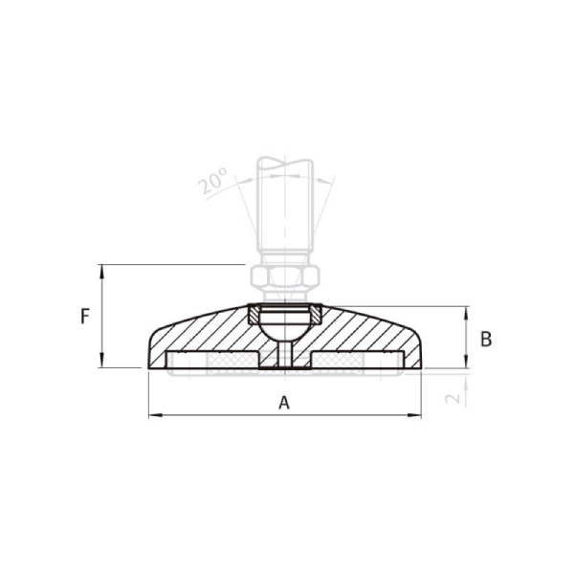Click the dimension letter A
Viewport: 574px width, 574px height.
coord(283,403)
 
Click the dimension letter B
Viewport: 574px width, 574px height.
coord(486,339)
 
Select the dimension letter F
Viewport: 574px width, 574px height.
coord(85,316)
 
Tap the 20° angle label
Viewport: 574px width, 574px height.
coord(215,181)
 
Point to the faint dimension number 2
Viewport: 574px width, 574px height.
coord(455,390)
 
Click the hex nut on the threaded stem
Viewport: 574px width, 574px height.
coord(284,278)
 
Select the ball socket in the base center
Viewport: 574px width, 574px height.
coord(284,324)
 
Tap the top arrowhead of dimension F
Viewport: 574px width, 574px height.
coord(101,270)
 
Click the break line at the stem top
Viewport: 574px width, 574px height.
coord(284,162)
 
